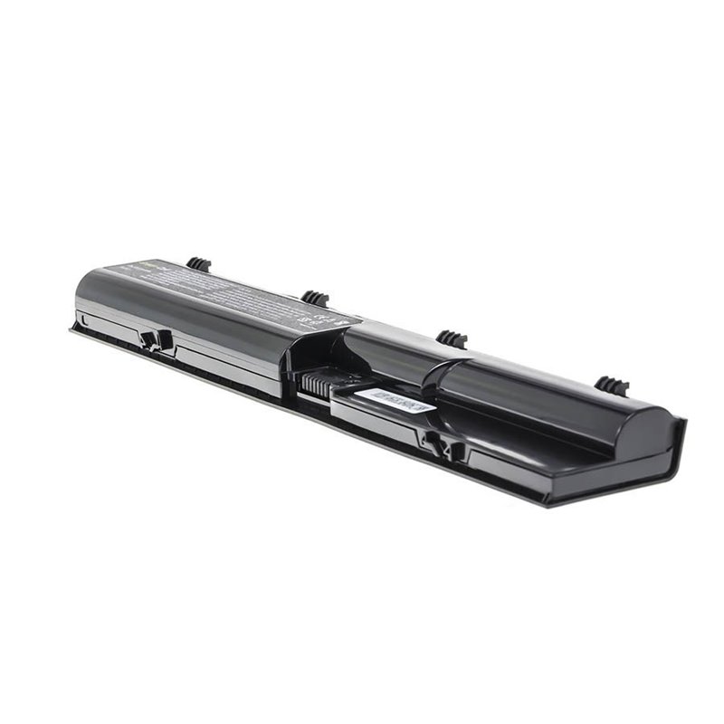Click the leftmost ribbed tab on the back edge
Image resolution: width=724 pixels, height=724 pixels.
pyautogui.click(x=198, y=264)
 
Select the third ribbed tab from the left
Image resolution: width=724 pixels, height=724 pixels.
pyautogui.click(x=451, y=338)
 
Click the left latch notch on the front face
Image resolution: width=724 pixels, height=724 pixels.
pyautogui.click(x=156, y=340)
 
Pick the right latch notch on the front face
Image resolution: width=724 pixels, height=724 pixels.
pyautogui.click(x=437, y=443)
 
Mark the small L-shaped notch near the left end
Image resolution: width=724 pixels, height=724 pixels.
pyautogui.click(x=83, y=319)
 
